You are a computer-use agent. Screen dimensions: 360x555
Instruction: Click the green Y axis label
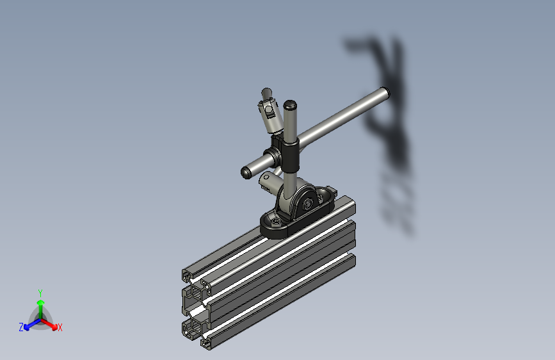(x=40, y=292)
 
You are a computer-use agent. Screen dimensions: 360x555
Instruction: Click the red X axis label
(x=60, y=327)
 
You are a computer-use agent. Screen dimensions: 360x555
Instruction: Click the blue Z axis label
(x=21, y=327)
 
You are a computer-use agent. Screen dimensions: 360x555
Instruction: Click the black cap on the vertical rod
(x=291, y=104)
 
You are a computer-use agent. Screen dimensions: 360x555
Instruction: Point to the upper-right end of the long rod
(x=384, y=93)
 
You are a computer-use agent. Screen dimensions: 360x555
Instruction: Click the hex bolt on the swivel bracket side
(x=310, y=204)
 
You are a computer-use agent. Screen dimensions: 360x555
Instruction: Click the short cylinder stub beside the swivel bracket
(x=268, y=181)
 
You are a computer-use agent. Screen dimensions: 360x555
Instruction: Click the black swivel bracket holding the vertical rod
(x=299, y=200)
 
